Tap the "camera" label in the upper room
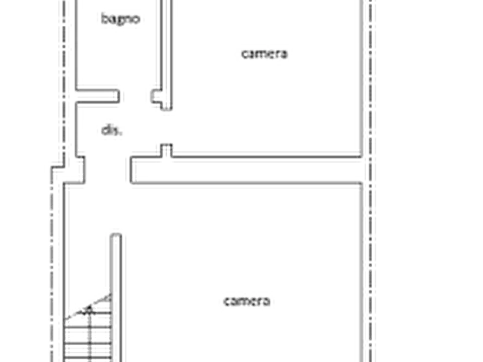pos(264,54)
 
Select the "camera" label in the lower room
pos(247,301)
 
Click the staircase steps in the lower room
pos(87,335)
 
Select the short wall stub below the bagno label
pos(99,96)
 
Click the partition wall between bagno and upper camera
pos(161,43)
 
